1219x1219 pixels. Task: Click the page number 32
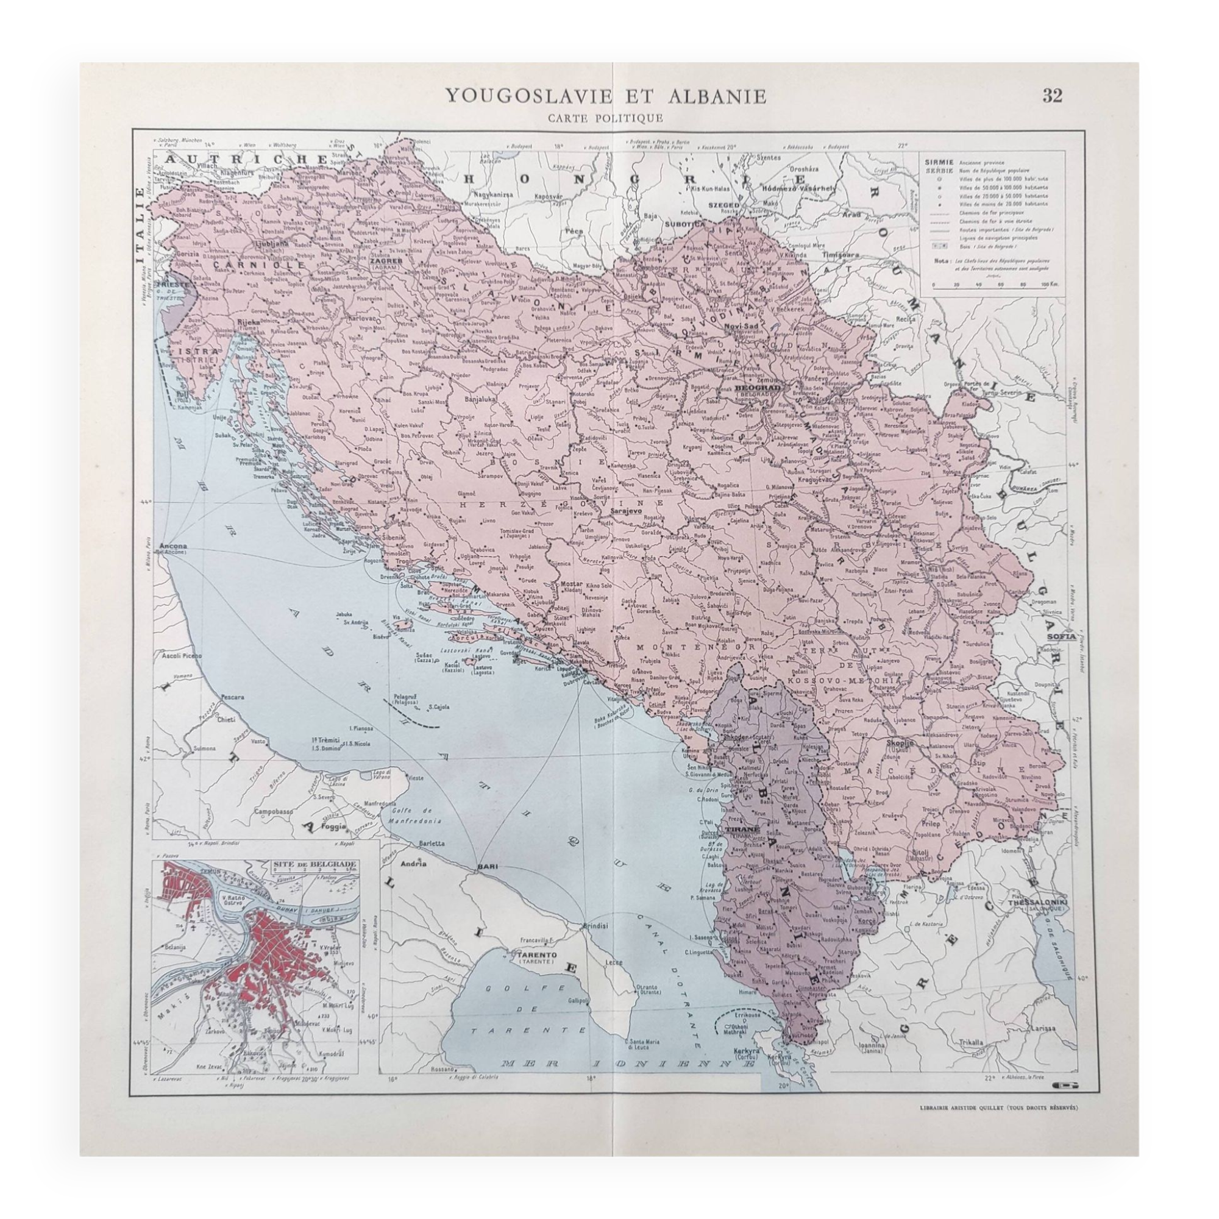[1052, 95]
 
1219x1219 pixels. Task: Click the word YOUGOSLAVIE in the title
[528, 96]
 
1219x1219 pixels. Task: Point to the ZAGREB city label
[386, 258]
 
